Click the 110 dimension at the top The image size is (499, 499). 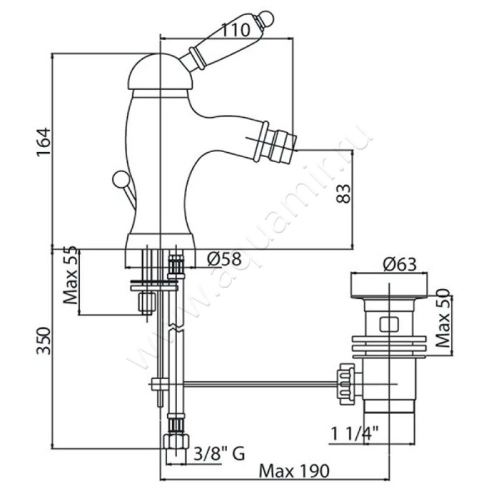click(x=235, y=30)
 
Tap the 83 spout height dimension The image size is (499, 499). click(x=344, y=193)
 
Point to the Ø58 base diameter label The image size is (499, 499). click(x=225, y=259)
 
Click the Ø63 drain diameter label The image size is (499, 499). click(x=400, y=264)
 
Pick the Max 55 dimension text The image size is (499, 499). click(x=70, y=274)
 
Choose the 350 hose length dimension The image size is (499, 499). click(x=44, y=341)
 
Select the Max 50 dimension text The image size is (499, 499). click(x=443, y=318)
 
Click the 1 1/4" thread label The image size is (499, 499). click(x=355, y=434)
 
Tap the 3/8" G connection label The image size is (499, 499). click(x=220, y=454)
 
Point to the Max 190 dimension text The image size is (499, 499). click(x=294, y=471)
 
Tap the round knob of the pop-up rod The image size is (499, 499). click(x=120, y=178)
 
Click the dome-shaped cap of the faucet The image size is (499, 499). click(x=160, y=71)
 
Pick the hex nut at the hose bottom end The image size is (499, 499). click(x=176, y=441)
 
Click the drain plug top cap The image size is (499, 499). click(x=389, y=285)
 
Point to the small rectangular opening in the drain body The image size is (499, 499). click(x=389, y=324)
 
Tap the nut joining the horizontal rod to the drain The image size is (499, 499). click(x=346, y=384)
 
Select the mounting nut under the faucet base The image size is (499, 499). click(x=147, y=303)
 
